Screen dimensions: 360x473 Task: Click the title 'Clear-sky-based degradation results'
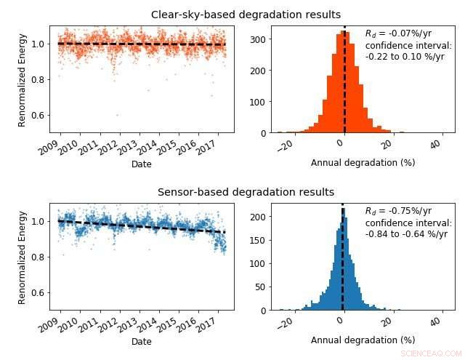tap(246, 15)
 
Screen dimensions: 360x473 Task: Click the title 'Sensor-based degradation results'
tap(246, 192)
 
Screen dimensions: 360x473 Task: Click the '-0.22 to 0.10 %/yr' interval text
tap(405, 57)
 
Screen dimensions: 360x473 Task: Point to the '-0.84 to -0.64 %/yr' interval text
tap(406, 234)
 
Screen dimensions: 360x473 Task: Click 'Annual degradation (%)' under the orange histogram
tap(363, 163)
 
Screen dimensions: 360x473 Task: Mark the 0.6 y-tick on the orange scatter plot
tap(40, 116)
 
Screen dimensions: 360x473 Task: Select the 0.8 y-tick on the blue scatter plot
tap(40, 257)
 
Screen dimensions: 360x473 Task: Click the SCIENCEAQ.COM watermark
tap(431, 353)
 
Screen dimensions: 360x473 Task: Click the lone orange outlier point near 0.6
tap(117, 115)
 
